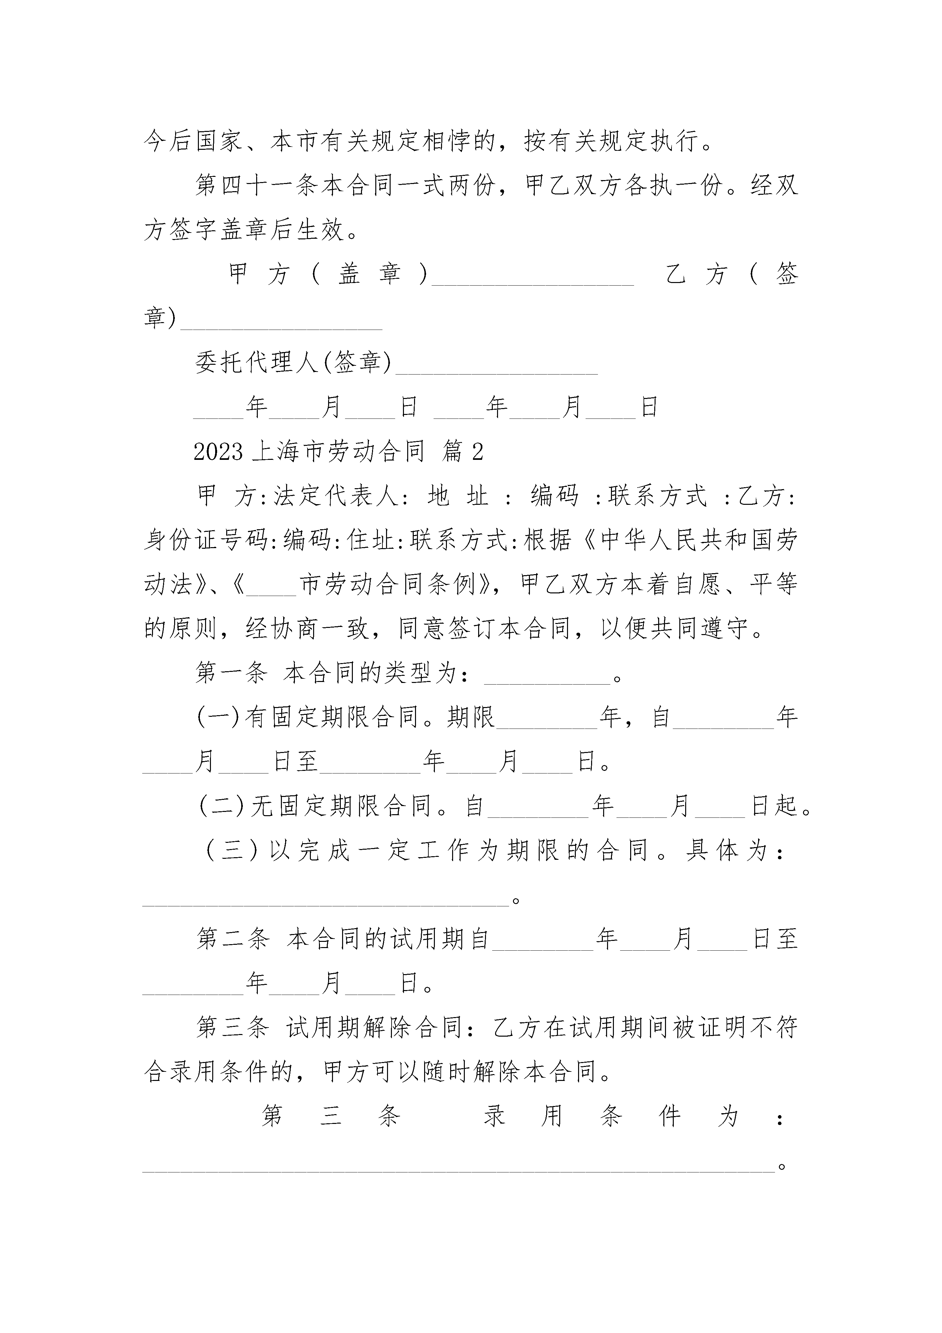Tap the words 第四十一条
coord(256,186)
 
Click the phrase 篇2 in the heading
coord(463,452)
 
